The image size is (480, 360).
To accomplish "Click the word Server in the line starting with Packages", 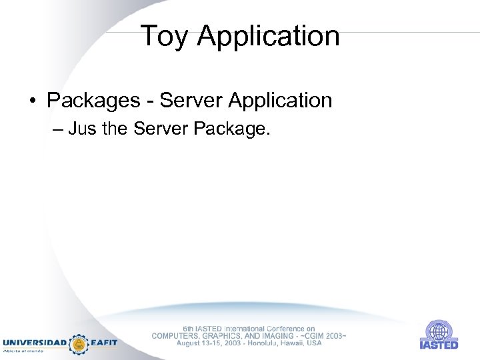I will [191, 101].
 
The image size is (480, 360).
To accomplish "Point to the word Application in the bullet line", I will [280, 101].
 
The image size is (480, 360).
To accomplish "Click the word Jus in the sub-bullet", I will [82, 129].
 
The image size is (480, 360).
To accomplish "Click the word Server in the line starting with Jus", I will [160, 129].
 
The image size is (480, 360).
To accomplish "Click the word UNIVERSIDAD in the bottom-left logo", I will [35, 343].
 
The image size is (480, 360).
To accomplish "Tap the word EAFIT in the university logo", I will [104, 343].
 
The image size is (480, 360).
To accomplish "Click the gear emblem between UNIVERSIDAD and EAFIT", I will [79, 343].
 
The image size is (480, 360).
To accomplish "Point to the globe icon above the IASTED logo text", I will [439, 331].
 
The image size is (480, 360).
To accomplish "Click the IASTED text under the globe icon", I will [439, 345].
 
